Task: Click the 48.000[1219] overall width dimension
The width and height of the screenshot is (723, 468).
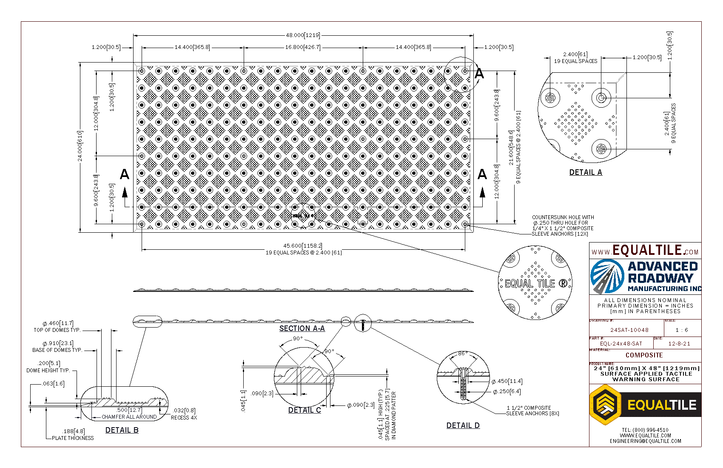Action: pyautogui.click(x=303, y=35)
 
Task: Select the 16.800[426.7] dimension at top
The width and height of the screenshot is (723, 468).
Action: pyautogui.click(x=303, y=47)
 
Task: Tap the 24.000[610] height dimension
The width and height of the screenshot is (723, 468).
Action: pyautogui.click(x=80, y=146)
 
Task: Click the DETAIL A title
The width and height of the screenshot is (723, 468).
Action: pyautogui.click(x=586, y=172)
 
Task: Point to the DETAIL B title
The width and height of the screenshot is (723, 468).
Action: pyautogui.click(x=122, y=430)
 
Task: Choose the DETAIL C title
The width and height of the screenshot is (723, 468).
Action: pyautogui.click(x=305, y=410)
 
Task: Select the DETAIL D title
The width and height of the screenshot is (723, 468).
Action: pyautogui.click(x=463, y=425)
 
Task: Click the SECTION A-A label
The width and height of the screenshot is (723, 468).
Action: pyautogui.click(x=302, y=328)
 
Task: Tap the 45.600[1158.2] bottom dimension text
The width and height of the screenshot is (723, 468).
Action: pyautogui.click(x=303, y=246)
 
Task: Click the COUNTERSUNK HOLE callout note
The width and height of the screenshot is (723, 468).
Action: pyautogui.click(x=563, y=225)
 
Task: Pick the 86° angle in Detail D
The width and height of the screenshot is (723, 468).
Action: pyautogui.click(x=462, y=354)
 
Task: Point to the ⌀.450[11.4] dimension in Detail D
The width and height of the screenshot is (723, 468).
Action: pyautogui.click(x=507, y=381)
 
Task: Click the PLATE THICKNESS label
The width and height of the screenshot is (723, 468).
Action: pyautogui.click(x=73, y=438)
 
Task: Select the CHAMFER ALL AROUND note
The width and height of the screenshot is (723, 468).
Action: pyautogui.click(x=129, y=417)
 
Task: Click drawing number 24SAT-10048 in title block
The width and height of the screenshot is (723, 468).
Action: pyautogui.click(x=629, y=330)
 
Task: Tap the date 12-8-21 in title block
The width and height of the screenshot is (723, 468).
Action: pyautogui.click(x=679, y=343)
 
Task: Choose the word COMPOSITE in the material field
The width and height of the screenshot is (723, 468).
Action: pyautogui.click(x=644, y=355)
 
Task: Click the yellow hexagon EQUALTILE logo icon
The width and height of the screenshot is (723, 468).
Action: pyautogui.click(x=604, y=405)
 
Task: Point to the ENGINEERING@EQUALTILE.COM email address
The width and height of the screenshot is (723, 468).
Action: pyautogui.click(x=645, y=441)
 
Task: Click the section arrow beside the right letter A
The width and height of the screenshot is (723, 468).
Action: pyautogui.click(x=482, y=193)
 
